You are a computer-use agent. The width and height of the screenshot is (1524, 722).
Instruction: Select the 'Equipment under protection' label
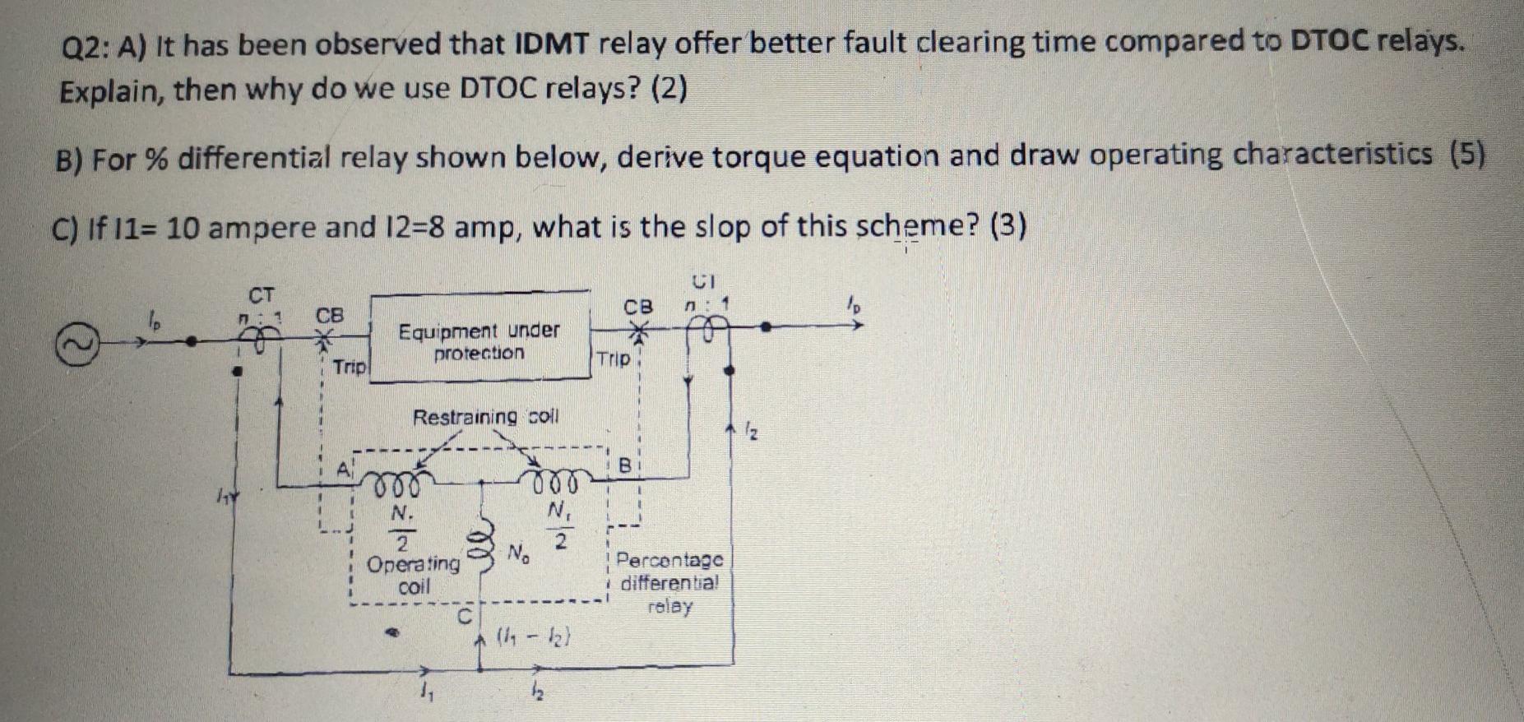pyautogui.click(x=479, y=342)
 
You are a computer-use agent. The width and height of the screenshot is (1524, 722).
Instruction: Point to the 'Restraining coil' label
pyautogui.click(x=485, y=417)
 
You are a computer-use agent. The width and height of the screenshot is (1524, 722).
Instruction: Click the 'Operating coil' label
pyautogui.click(x=414, y=575)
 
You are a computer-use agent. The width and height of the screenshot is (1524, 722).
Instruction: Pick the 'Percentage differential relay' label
pyautogui.click(x=669, y=584)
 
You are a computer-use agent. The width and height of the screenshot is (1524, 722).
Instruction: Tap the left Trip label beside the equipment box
pyautogui.click(x=350, y=367)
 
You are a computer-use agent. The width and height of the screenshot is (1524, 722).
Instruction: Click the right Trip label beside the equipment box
pyautogui.click(x=614, y=359)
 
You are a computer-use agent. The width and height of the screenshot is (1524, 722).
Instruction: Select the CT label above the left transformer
pyautogui.click(x=262, y=294)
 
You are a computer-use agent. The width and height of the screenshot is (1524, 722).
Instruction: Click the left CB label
pyautogui.click(x=330, y=316)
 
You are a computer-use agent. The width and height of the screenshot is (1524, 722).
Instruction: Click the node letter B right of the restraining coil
pyautogui.click(x=625, y=466)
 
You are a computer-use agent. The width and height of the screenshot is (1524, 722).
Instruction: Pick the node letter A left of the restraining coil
pyautogui.click(x=342, y=470)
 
